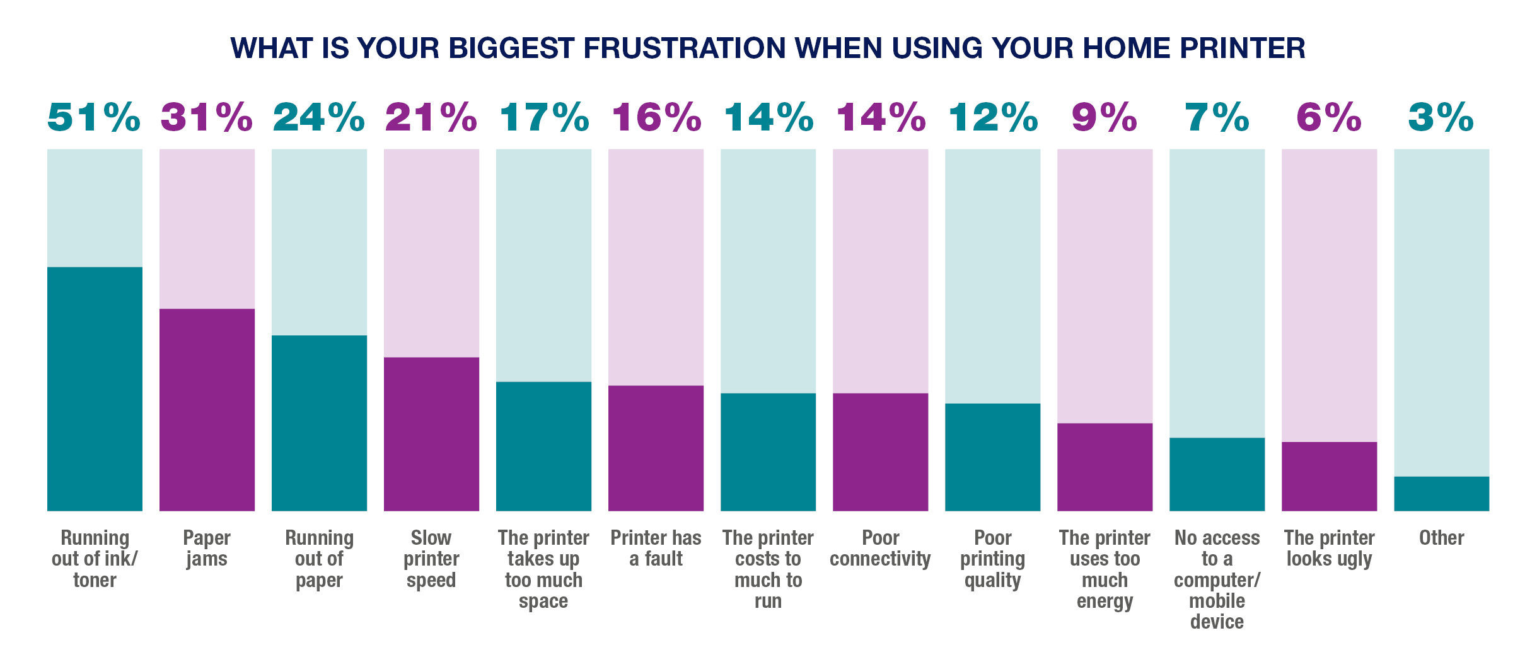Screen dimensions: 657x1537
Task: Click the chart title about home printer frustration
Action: pyautogui.click(x=768, y=49)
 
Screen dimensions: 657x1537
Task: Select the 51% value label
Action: pyautogui.click(x=94, y=117)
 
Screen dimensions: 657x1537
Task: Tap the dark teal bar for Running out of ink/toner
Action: pyautogui.click(x=95, y=388)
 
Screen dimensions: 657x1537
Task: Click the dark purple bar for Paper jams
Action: pyautogui.click(x=207, y=410)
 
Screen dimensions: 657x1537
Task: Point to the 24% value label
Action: pyautogui.click(x=319, y=117)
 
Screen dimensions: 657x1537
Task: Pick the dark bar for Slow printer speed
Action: pyautogui.click(x=431, y=434)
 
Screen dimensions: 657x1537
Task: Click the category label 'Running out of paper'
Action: pyautogui.click(x=319, y=559)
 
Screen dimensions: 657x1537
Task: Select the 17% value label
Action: pyautogui.click(x=544, y=117)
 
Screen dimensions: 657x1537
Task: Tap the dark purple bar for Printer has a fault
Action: pyautogui.click(x=656, y=448)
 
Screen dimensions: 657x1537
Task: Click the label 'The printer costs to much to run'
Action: pyautogui.click(x=768, y=569)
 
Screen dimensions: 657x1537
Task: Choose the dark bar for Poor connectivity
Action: pyautogui.click(x=880, y=451)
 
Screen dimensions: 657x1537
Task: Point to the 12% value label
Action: pyautogui.click(x=993, y=117)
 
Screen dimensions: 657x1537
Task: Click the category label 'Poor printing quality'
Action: pyautogui.click(x=992, y=559)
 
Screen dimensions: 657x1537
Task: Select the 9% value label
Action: pyautogui.click(x=1105, y=117)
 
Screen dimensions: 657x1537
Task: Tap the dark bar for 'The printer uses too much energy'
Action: pyautogui.click(x=1105, y=467)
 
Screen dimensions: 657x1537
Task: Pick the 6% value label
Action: pyautogui.click(x=1329, y=117)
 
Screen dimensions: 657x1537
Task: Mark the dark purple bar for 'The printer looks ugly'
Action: pyautogui.click(x=1329, y=476)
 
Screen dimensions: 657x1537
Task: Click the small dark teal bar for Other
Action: pyautogui.click(x=1441, y=493)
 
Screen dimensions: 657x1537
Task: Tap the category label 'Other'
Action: pyautogui.click(x=1441, y=538)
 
